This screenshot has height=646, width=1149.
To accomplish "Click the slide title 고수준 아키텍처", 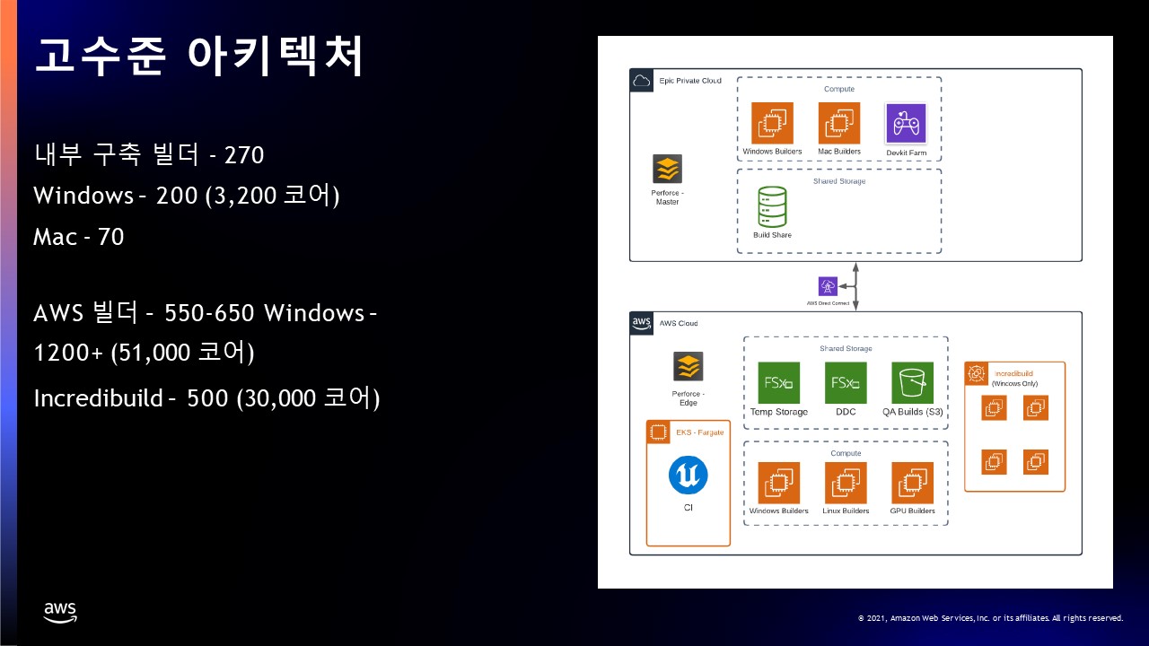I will pyautogui.click(x=199, y=57).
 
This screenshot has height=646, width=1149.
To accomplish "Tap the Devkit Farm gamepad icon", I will pyautogui.click(x=906, y=124).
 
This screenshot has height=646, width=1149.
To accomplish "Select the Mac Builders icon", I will pyautogui.click(x=839, y=123).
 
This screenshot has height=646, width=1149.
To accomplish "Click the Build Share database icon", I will pyautogui.click(x=772, y=206).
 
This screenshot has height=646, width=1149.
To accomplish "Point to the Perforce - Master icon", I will pyautogui.click(x=667, y=170).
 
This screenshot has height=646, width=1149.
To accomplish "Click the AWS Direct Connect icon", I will pyautogui.click(x=828, y=286).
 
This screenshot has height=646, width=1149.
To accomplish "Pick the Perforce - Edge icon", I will pyautogui.click(x=688, y=367).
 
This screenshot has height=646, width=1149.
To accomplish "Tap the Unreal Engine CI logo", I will pyautogui.click(x=688, y=476).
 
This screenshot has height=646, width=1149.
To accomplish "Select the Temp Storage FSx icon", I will pyautogui.click(x=778, y=383).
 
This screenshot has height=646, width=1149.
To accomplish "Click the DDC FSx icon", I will pyautogui.click(x=846, y=383).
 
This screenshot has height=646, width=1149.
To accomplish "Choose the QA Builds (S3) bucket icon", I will pyautogui.click(x=912, y=383).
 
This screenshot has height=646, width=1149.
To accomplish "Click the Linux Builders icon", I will pyautogui.click(x=846, y=484).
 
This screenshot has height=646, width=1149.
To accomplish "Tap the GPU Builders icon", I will pyautogui.click(x=912, y=484).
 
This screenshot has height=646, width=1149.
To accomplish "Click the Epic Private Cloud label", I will pyautogui.click(x=689, y=81).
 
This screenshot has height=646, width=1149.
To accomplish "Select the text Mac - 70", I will pyautogui.click(x=78, y=237).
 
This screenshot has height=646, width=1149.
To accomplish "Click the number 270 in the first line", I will pyautogui.click(x=243, y=155).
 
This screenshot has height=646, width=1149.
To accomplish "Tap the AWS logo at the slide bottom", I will pyautogui.click(x=60, y=612).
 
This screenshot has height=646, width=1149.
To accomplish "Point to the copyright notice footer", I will pyautogui.click(x=990, y=618).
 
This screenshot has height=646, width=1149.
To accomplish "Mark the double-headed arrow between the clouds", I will pyautogui.click(x=856, y=286).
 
